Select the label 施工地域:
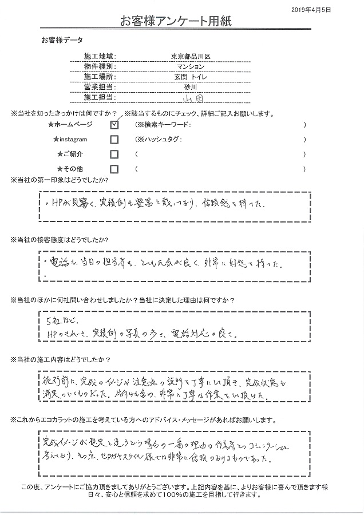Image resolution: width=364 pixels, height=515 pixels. click(100, 56)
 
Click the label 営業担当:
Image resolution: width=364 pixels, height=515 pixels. click(100, 87)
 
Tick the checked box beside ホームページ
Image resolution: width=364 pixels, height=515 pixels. click(114, 124)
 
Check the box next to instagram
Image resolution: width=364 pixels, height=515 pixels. click(114, 140)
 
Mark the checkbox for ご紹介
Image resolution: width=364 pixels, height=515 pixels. click(114, 154)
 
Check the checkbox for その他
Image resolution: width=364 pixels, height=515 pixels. click(114, 169)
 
